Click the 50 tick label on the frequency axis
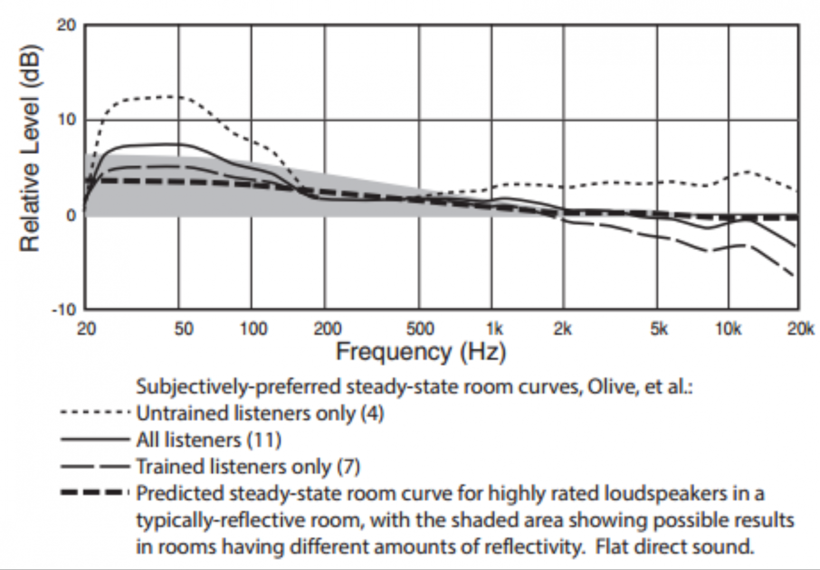tap(183, 329)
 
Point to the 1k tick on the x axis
tap(494, 329)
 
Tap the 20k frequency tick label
tap(800, 329)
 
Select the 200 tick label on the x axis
tap(327, 329)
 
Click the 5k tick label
tap(659, 329)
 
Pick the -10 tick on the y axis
tap(64, 309)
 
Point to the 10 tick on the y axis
tap(66, 120)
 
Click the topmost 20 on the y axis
tap(66, 25)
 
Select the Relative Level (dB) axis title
tap(30, 149)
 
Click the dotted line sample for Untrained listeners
tap(95, 413)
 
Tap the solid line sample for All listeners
tap(95, 439)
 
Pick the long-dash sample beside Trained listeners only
tap(95, 466)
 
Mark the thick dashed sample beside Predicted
tap(95, 493)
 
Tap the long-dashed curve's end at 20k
tap(795, 277)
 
